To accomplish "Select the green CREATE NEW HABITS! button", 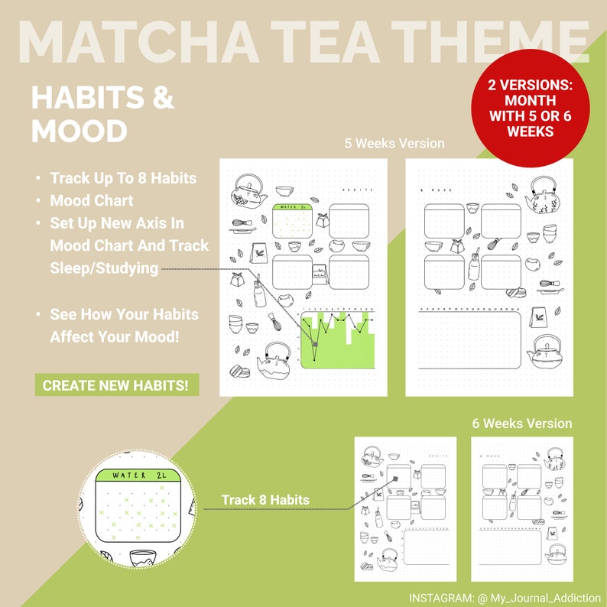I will tap(116, 385).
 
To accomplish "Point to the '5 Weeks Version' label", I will tap(394, 143).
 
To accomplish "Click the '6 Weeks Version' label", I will tap(521, 423).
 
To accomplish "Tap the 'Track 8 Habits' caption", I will tap(265, 500).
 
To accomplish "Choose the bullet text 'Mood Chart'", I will tap(92, 201).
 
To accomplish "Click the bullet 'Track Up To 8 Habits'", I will tap(123, 178).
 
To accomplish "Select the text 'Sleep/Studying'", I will tap(104, 268).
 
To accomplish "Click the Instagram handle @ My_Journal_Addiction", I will tap(505, 597).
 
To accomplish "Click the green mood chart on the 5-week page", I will tap(337, 340).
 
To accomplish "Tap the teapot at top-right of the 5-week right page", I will tap(543, 196).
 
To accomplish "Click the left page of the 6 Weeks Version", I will tap(405, 508).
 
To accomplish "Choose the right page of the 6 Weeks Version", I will tap(521, 508).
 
